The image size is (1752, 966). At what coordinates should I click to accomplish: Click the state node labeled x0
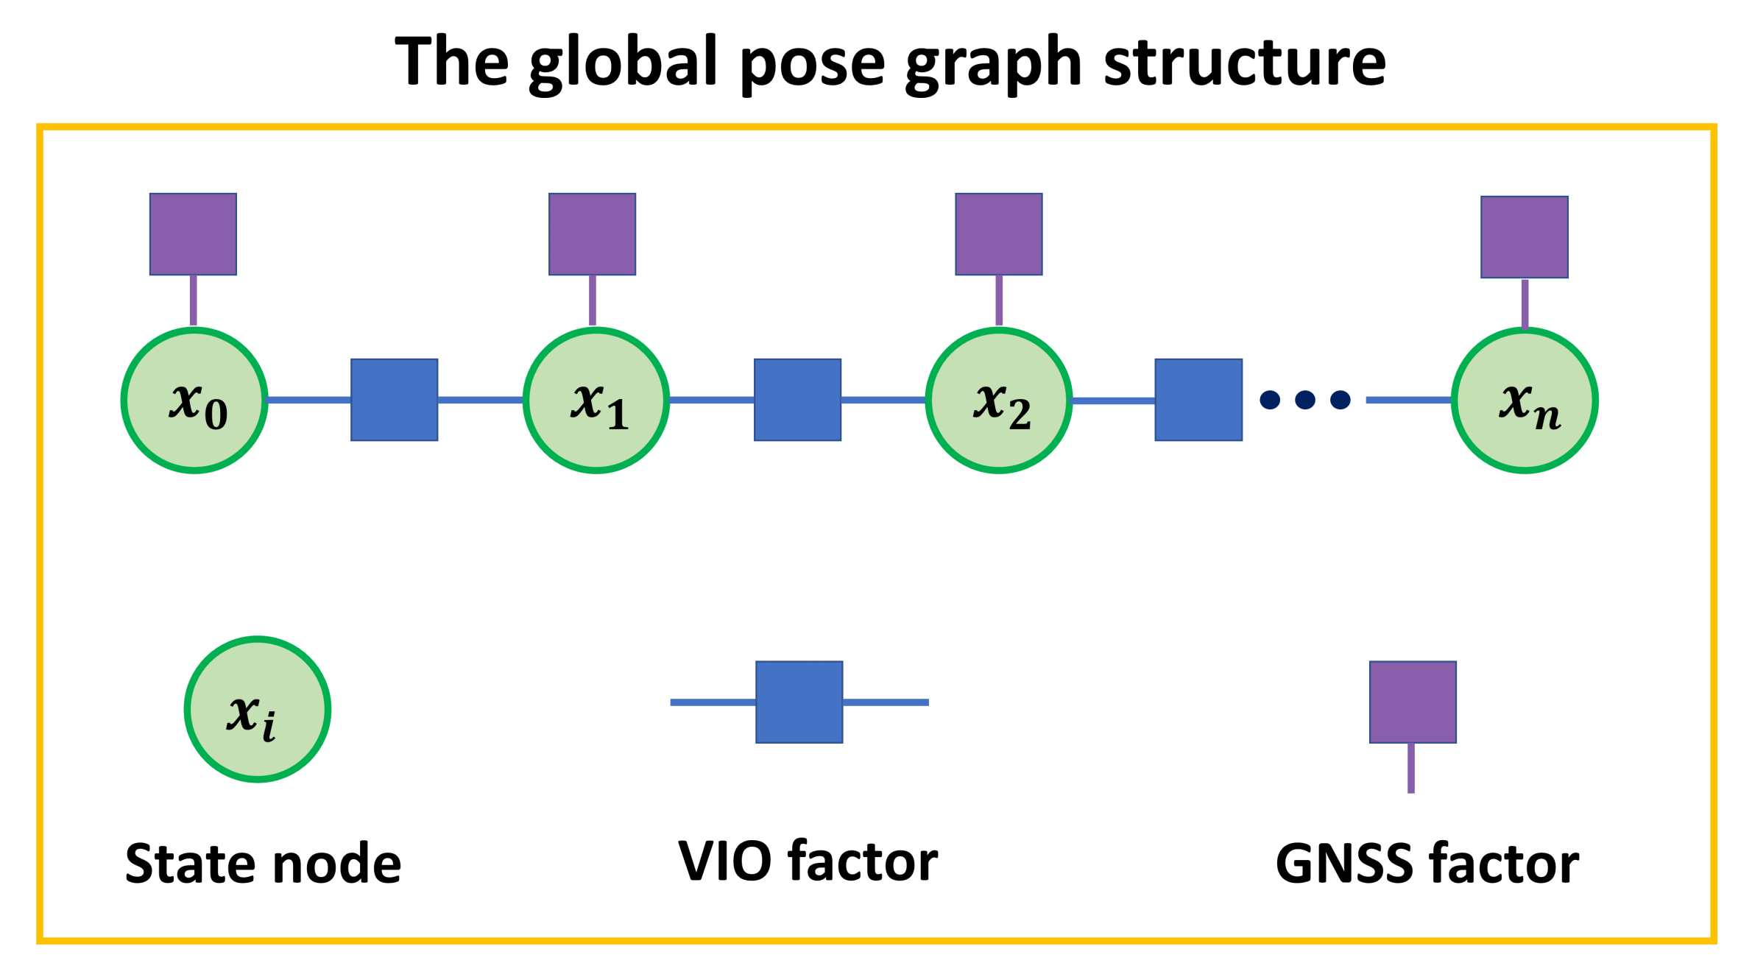coord(194,401)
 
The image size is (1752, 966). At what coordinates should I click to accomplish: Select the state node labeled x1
coord(596,401)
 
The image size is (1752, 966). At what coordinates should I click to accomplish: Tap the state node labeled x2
coord(999,401)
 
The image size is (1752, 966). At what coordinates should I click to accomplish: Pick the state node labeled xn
coord(1525,401)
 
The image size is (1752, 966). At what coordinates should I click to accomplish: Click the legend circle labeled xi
coord(257,709)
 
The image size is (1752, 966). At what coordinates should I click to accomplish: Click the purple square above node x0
coord(193,234)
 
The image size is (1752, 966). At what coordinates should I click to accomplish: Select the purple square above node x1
coord(592,234)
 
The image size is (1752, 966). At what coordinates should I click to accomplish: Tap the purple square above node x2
coord(999,234)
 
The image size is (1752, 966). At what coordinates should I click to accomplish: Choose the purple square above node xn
coord(1525,236)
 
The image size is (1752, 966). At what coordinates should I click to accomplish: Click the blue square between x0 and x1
coord(395,400)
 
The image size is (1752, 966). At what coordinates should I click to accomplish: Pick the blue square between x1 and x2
coord(797,400)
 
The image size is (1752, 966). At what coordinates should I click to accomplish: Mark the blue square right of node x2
coord(1198,400)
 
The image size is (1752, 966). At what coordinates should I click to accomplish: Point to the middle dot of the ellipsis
coord(1305,400)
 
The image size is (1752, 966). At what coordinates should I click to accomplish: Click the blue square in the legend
coord(799,702)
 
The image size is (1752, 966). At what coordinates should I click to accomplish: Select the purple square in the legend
coord(1413,702)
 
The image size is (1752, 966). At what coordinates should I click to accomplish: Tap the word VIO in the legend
coord(724,861)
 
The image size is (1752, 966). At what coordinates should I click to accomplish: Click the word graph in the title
coord(993,63)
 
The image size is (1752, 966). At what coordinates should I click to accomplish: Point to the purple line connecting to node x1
coord(593,300)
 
